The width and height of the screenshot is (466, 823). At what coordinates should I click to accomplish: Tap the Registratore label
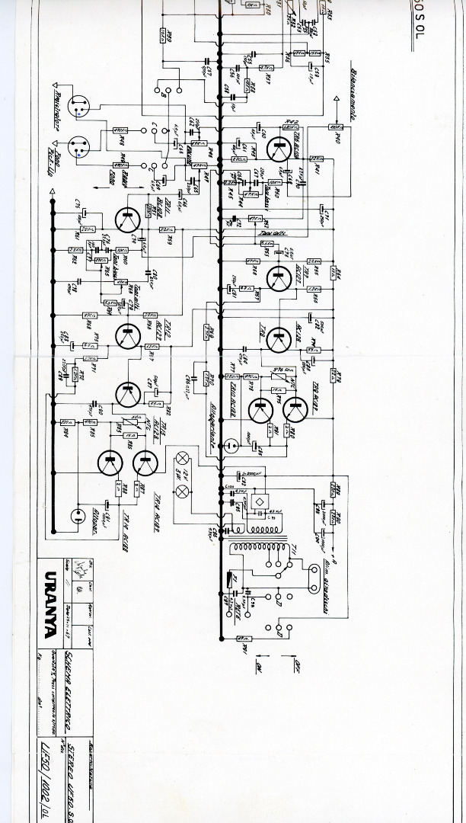[58, 104]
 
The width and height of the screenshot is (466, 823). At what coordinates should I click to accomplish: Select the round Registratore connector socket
[78, 108]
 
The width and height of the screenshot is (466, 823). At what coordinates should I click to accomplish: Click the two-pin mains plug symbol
[314, 579]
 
